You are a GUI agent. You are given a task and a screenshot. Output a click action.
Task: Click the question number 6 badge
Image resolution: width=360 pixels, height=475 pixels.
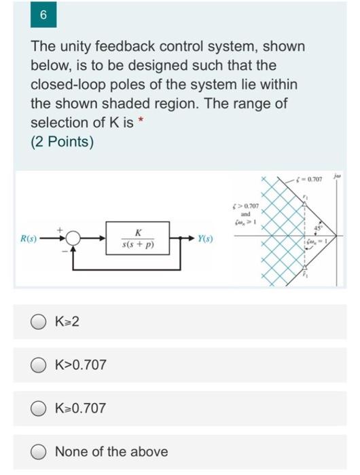(x=43, y=14)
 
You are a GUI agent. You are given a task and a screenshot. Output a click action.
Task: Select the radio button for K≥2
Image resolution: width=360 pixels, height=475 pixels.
(x=41, y=321)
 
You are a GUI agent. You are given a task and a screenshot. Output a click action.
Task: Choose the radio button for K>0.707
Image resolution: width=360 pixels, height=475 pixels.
(x=41, y=364)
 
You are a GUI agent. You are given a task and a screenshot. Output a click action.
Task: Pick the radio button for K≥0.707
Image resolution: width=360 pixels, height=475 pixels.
(x=41, y=408)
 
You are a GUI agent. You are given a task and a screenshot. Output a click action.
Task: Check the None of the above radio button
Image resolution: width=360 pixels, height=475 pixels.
(x=41, y=451)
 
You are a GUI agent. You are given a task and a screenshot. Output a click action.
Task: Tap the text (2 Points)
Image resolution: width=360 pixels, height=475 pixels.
(x=62, y=142)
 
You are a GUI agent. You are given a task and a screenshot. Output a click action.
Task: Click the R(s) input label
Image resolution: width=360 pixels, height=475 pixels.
(x=28, y=239)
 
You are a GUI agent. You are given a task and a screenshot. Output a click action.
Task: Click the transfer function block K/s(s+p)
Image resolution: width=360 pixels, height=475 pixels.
(x=138, y=238)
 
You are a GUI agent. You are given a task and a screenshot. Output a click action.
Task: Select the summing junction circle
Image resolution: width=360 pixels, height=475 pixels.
(x=73, y=239)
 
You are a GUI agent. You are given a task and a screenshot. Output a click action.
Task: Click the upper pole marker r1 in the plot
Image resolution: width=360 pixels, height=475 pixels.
(x=306, y=201)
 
